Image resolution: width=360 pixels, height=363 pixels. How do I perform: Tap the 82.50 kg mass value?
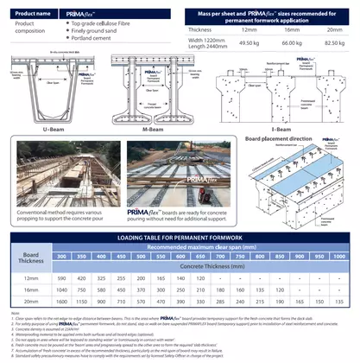(329, 41)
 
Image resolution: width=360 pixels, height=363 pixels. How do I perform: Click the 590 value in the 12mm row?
(60, 278)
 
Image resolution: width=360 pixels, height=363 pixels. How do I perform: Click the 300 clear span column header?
(60, 257)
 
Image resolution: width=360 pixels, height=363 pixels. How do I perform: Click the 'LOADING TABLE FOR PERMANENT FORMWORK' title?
(180, 236)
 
